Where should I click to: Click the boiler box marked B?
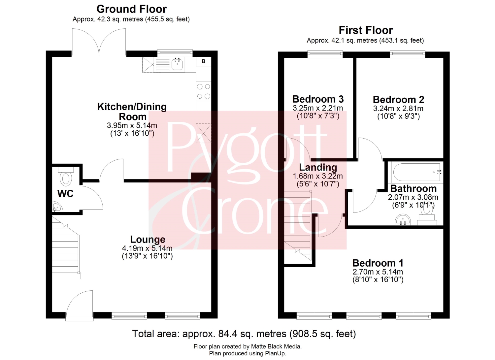click(204, 61)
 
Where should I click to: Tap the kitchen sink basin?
click(177, 64)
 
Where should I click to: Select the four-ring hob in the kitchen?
click(204, 91)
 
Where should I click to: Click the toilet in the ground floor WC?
click(66, 177)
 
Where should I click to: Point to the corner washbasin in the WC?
click(57, 207)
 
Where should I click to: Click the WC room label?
click(65, 194)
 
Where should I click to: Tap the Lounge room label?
click(148, 239)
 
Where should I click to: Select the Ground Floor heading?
click(131, 9)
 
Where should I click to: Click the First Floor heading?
click(366, 30)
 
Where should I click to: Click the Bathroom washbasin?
click(403, 220)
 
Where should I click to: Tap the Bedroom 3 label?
click(318, 99)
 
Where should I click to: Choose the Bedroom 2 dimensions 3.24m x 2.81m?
click(398, 109)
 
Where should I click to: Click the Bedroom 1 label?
click(378, 263)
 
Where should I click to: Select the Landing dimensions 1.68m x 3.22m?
click(318, 176)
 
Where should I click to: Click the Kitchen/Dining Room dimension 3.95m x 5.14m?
click(132, 125)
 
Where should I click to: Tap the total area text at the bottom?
click(244, 334)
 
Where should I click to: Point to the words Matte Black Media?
click(276, 346)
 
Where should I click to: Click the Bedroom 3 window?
click(325, 54)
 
